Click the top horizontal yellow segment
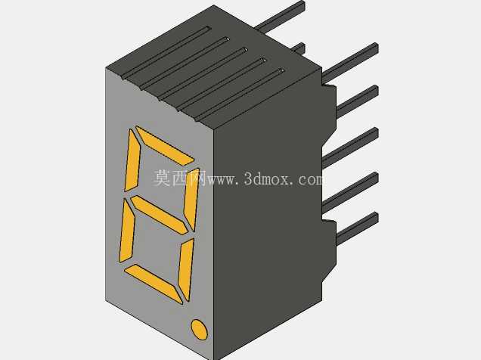[x=164, y=145]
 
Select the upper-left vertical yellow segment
[x=132, y=160]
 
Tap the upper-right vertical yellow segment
[x=191, y=199]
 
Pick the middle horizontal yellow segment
[x=159, y=215]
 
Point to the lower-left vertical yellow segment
[x=126, y=231]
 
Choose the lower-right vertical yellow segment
[x=186, y=269]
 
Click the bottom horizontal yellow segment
[x=154, y=284]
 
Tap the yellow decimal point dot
[x=199, y=330]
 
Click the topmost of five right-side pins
[x=349, y=64]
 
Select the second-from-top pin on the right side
[x=358, y=101]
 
